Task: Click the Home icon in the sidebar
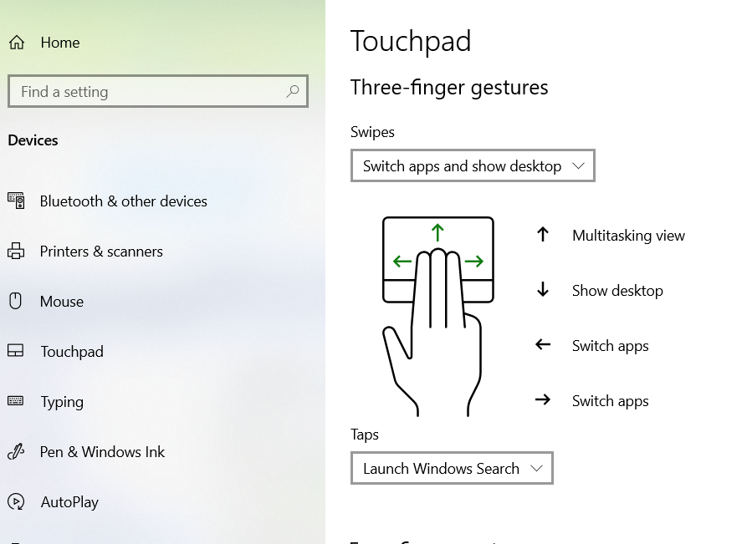click(17, 43)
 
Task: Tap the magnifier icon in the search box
click(293, 91)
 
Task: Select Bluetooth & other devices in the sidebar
click(124, 201)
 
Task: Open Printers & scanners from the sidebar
click(101, 252)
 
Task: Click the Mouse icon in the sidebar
click(15, 302)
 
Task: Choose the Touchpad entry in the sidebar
click(72, 352)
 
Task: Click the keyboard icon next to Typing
click(15, 401)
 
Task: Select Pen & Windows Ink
click(102, 452)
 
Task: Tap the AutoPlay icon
click(16, 501)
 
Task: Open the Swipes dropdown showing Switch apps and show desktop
click(473, 165)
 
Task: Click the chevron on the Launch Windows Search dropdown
click(537, 468)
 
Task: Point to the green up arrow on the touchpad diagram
click(437, 233)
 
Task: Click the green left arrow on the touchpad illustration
click(402, 261)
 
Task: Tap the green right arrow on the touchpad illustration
click(474, 261)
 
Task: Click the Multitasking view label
click(628, 236)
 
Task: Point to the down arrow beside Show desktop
click(543, 289)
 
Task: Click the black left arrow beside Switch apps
click(543, 344)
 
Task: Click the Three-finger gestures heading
click(449, 88)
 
